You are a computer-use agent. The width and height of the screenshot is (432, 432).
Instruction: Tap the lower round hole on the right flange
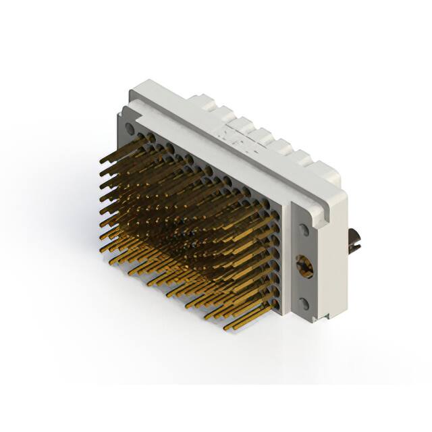click(304, 302)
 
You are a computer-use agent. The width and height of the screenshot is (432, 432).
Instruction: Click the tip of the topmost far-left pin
click(101, 163)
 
